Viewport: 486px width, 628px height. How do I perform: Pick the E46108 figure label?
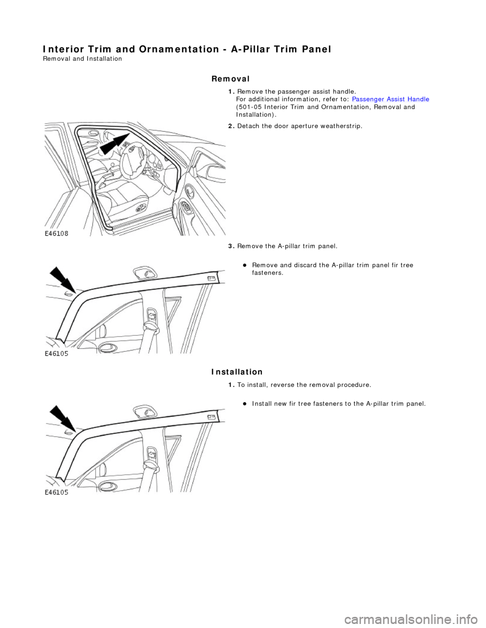tap(56, 234)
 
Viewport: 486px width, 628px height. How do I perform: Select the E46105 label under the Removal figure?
tap(56, 354)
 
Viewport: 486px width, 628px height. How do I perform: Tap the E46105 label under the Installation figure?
tap(56, 492)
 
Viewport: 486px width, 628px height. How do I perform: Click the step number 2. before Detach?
tap(231, 126)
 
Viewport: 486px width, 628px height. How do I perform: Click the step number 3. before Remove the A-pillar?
tap(231, 246)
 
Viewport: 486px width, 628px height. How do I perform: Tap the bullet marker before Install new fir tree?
tap(244, 403)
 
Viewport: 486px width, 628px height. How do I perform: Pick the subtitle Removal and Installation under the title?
tap(83, 59)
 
